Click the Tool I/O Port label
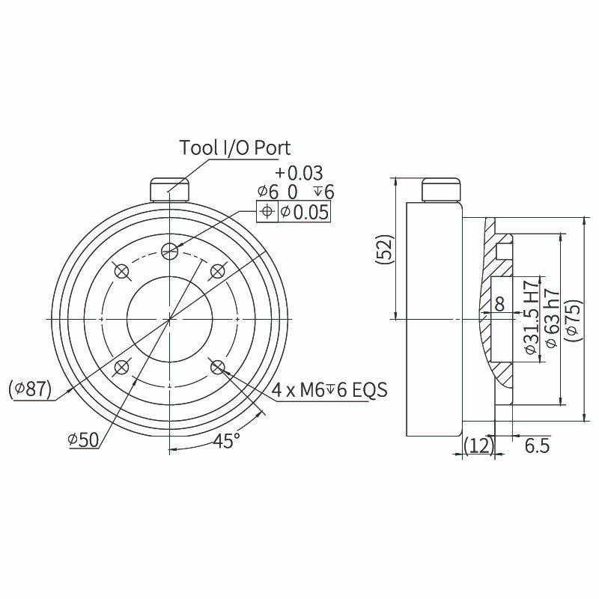click(234, 148)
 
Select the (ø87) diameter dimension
click(30, 389)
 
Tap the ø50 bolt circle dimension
click(83, 440)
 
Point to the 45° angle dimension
click(226, 440)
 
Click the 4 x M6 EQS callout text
click(329, 390)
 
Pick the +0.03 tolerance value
click(299, 173)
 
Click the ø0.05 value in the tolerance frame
click(305, 211)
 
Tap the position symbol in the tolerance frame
click(267, 211)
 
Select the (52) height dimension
click(384, 249)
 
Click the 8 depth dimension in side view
click(499, 304)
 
